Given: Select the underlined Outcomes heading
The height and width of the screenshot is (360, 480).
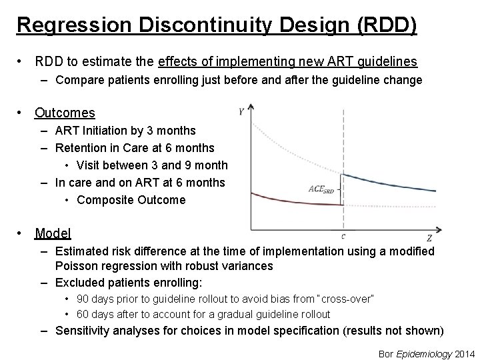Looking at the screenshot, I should (65, 113).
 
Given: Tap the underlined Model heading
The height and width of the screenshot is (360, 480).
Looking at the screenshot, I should (53, 233).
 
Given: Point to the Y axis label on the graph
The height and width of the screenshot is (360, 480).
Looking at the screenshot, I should (241, 111).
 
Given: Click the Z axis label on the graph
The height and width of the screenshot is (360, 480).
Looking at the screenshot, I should (428, 238).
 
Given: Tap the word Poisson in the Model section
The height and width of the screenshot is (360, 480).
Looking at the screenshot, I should (79, 266).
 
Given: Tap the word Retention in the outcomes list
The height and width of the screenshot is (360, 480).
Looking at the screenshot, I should (82, 147).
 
